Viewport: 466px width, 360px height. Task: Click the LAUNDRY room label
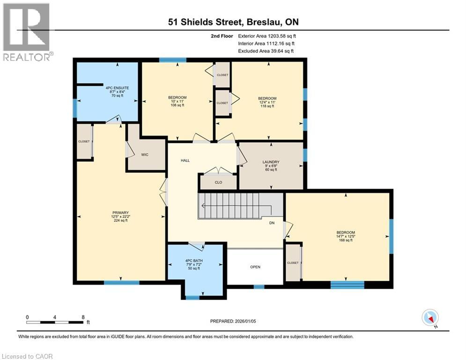coord(271,161)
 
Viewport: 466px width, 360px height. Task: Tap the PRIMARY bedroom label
coord(120,212)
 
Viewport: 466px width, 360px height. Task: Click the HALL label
coord(185,161)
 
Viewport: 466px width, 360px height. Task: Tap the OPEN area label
coord(255,267)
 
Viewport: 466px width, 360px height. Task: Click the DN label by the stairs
coord(272,223)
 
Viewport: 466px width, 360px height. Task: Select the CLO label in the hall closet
coord(218,182)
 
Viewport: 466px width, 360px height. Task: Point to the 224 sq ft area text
coord(120,221)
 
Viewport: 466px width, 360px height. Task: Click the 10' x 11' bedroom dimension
coord(177,101)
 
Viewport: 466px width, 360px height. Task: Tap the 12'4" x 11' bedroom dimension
coord(267,103)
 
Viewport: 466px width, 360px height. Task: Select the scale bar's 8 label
coord(83,317)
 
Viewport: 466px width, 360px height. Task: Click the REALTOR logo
coord(27,32)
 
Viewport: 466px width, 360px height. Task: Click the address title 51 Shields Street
coord(233,22)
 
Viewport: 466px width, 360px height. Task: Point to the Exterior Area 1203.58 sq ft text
coord(267,36)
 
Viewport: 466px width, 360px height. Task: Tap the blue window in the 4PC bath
coord(192,297)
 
